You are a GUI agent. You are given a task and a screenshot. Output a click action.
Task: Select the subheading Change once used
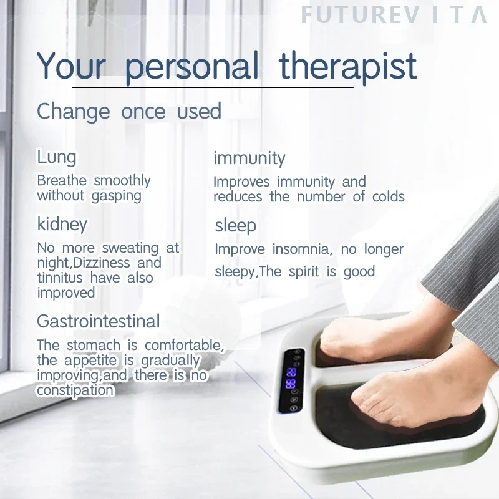tap(129, 112)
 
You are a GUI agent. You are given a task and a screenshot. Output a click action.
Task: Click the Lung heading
tap(56, 157)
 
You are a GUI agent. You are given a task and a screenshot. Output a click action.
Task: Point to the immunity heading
tap(249, 158)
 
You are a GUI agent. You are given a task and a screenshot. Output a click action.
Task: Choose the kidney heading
tap(62, 224)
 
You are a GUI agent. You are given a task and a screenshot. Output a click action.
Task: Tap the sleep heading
tap(235, 225)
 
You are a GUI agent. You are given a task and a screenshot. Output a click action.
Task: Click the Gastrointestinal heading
tap(99, 322)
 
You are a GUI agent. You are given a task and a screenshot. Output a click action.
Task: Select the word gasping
tap(117, 196)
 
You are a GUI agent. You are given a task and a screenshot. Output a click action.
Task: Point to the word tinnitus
tap(61, 278)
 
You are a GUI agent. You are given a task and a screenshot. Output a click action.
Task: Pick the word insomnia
tap(298, 249)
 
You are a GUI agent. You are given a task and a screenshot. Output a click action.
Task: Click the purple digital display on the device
tap(291, 378)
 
